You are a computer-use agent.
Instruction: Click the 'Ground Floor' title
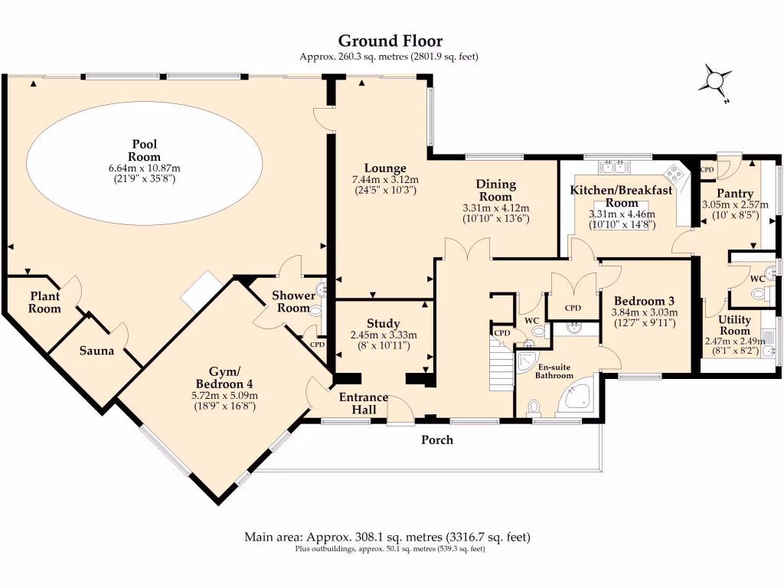coord(390,41)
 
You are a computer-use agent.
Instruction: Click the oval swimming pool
coord(145,162)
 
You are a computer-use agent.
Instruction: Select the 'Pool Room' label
coord(145,151)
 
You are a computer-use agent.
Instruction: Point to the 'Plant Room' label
coord(45,302)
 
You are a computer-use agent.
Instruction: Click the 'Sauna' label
coord(96,351)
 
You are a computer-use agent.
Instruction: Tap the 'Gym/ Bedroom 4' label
coord(224,377)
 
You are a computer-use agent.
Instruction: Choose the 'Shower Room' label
coord(294,302)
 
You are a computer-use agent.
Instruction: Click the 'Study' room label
coord(383,324)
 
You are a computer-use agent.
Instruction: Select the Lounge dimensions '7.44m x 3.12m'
coord(384,179)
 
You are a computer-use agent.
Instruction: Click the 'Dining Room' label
coord(496,190)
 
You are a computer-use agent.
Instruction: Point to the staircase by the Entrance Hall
coord(501,367)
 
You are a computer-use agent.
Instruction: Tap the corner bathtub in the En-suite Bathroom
coord(580,397)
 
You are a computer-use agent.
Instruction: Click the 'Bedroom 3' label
coord(644,301)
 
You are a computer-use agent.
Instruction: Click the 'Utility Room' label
coord(734,325)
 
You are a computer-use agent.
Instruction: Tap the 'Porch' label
coord(437,440)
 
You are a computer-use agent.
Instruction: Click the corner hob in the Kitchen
coord(675,171)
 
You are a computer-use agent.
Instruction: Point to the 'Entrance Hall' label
coord(364,403)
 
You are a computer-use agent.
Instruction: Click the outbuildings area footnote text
coord(390,549)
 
